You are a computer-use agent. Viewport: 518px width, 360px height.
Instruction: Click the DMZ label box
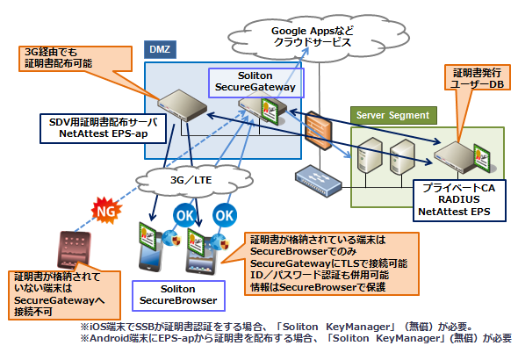pos(160,49)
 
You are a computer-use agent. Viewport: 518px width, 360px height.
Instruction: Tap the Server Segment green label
pos(393,115)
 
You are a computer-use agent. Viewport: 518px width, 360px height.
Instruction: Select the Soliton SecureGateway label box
pos(255,83)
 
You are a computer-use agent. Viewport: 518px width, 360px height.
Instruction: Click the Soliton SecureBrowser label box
pos(178,296)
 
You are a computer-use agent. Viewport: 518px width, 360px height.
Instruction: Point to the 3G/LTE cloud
pos(193,180)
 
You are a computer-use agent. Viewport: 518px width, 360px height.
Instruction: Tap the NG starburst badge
pos(106,211)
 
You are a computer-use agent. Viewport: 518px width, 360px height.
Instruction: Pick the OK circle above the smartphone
pos(184,216)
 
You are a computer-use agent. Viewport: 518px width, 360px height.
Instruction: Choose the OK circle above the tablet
pos(225,216)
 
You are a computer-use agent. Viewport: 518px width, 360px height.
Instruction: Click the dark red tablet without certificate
pos(74,249)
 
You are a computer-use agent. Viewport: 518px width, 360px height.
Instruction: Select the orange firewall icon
pos(318,131)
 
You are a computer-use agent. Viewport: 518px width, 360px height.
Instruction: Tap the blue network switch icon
pos(319,181)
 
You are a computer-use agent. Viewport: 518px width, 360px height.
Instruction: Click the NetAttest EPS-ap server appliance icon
pos(182,105)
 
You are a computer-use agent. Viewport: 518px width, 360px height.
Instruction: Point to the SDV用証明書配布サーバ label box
pos(103,128)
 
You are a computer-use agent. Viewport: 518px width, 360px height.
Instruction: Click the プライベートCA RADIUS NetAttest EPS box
pos(459,200)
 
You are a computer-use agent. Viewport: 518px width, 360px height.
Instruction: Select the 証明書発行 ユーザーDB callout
pos(477,78)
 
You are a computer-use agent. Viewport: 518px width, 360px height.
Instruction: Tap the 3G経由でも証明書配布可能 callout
pos(76,59)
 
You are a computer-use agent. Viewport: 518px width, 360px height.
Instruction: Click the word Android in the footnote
pos(110,338)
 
